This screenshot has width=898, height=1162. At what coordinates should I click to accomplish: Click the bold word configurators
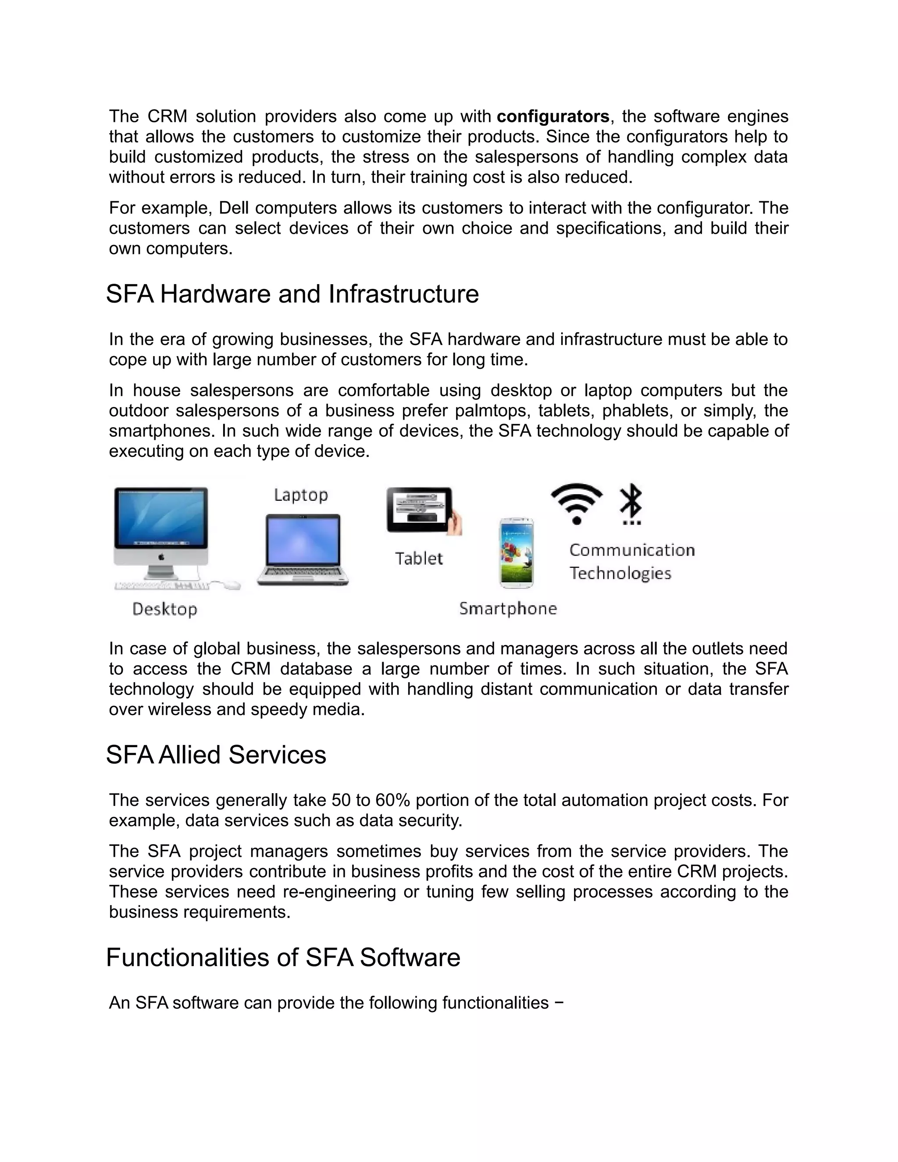tap(553, 117)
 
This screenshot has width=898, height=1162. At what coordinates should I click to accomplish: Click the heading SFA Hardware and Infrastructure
tap(292, 294)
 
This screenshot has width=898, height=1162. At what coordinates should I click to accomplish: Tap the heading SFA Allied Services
tap(216, 755)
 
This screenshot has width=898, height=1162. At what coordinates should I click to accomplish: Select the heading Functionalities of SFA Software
tap(283, 958)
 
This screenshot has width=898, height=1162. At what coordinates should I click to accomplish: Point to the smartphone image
tap(516, 553)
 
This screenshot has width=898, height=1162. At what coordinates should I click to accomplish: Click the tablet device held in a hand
tap(420, 510)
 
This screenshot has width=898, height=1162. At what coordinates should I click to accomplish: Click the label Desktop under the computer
tap(164, 609)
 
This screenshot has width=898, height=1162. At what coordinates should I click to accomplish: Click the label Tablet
tap(419, 559)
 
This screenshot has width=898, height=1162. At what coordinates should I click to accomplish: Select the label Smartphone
tap(508, 608)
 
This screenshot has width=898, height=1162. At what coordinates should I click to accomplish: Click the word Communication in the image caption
tap(632, 550)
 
